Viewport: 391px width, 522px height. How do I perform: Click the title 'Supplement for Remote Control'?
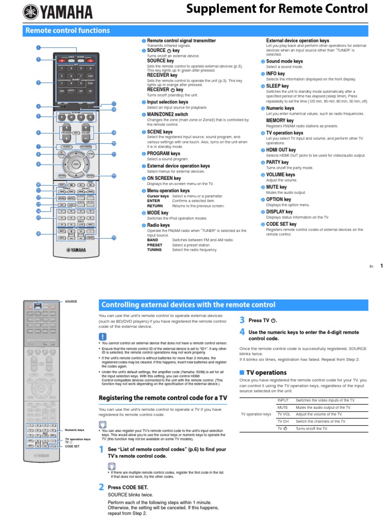277,9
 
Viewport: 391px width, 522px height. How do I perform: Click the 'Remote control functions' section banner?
67,31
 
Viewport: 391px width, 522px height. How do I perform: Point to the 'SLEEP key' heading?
277,87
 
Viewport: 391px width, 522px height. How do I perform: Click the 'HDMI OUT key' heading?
281,150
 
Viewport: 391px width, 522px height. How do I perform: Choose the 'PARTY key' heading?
277,162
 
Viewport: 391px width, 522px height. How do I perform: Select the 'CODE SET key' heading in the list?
281,224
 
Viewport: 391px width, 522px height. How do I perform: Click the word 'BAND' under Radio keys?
153,240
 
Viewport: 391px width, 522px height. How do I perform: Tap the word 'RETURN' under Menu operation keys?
155,205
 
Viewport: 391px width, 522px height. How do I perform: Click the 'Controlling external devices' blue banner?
188,305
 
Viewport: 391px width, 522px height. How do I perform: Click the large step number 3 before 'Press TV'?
242,320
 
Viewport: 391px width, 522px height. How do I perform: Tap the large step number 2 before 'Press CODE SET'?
101,487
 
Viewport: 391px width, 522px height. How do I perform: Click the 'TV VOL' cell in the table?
283,414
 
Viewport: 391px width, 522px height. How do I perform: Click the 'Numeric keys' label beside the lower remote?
74,430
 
